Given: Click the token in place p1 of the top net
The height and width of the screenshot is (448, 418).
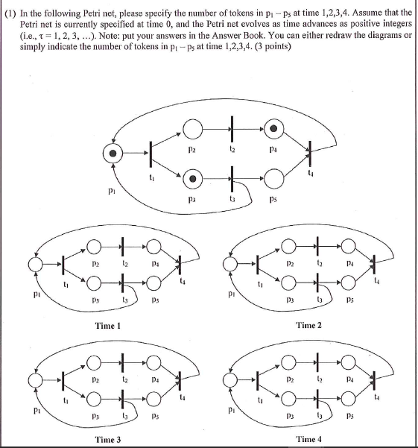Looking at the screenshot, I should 113,154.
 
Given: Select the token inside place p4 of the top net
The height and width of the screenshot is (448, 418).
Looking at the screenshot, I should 274,129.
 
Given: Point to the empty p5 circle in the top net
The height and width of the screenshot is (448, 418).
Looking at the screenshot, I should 274,179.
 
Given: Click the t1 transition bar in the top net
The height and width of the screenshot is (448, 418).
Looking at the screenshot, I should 151,154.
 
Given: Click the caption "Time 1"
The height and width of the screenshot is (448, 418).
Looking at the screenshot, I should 109,326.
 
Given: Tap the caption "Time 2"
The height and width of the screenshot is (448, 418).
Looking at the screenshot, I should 308,326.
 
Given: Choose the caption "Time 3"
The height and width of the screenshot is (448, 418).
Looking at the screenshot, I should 109,440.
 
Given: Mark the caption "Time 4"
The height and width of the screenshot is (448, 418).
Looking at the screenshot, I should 308,440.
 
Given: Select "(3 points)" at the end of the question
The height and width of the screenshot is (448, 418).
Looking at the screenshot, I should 269,48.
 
